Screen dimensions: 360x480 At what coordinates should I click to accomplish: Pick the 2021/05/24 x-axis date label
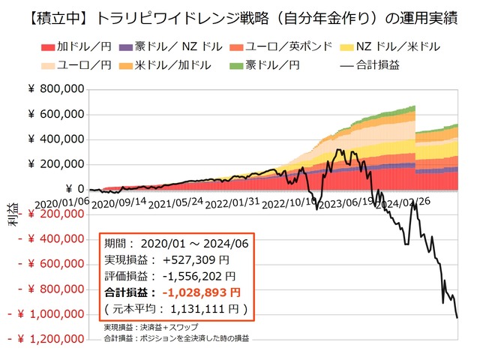[x=176, y=202]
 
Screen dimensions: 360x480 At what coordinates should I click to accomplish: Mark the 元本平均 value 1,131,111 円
[x=204, y=308]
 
